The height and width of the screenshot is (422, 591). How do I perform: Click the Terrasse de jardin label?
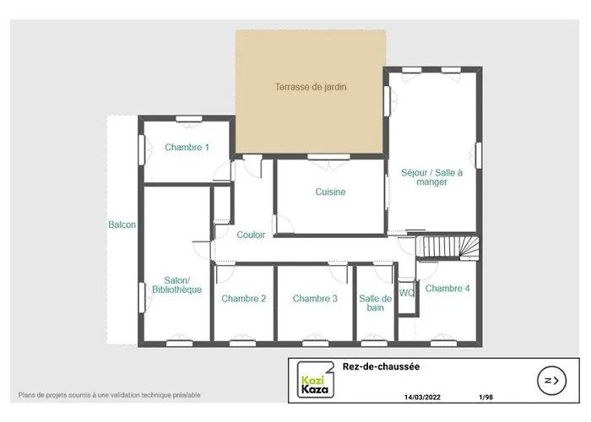pyautogui.click(x=311, y=87)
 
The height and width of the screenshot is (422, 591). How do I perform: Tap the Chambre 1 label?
pyautogui.click(x=187, y=147)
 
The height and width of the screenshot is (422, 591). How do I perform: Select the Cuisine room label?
pyautogui.click(x=330, y=192)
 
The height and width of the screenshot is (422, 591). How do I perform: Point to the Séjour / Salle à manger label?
pyautogui.click(x=431, y=177)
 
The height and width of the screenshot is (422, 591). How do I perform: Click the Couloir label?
pyautogui.click(x=251, y=235)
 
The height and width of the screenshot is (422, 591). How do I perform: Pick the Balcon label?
pyautogui.click(x=122, y=225)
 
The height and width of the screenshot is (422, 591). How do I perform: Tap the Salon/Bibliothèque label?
pyautogui.click(x=176, y=285)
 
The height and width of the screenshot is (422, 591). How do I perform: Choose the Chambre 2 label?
pyautogui.click(x=243, y=299)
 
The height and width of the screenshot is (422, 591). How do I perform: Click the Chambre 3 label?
pyautogui.click(x=315, y=299)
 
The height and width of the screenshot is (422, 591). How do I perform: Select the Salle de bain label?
pyautogui.click(x=375, y=303)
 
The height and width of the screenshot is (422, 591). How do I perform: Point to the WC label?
pyautogui.click(x=407, y=293)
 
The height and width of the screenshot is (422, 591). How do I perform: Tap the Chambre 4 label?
pyautogui.click(x=447, y=289)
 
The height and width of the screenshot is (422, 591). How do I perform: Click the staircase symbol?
pyautogui.click(x=447, y=247)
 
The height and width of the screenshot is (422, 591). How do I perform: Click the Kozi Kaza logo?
pyautogui.click(x=316, y=380)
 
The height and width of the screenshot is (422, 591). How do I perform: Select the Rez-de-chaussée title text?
pyautogui.click(x=381, y=366)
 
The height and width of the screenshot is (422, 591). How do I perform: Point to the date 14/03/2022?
pyautogui.click(x=422, y=398)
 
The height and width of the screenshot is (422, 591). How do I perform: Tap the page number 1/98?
pyautogui.click(x=485, y=398)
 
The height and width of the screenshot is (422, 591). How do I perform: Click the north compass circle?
pyautogui.click(x=552, y=381)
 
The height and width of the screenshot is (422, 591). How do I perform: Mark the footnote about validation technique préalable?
pyautogui.click(x=109, y=395)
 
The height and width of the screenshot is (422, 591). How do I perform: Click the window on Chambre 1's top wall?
pyautogui.click(x=189, y=119)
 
